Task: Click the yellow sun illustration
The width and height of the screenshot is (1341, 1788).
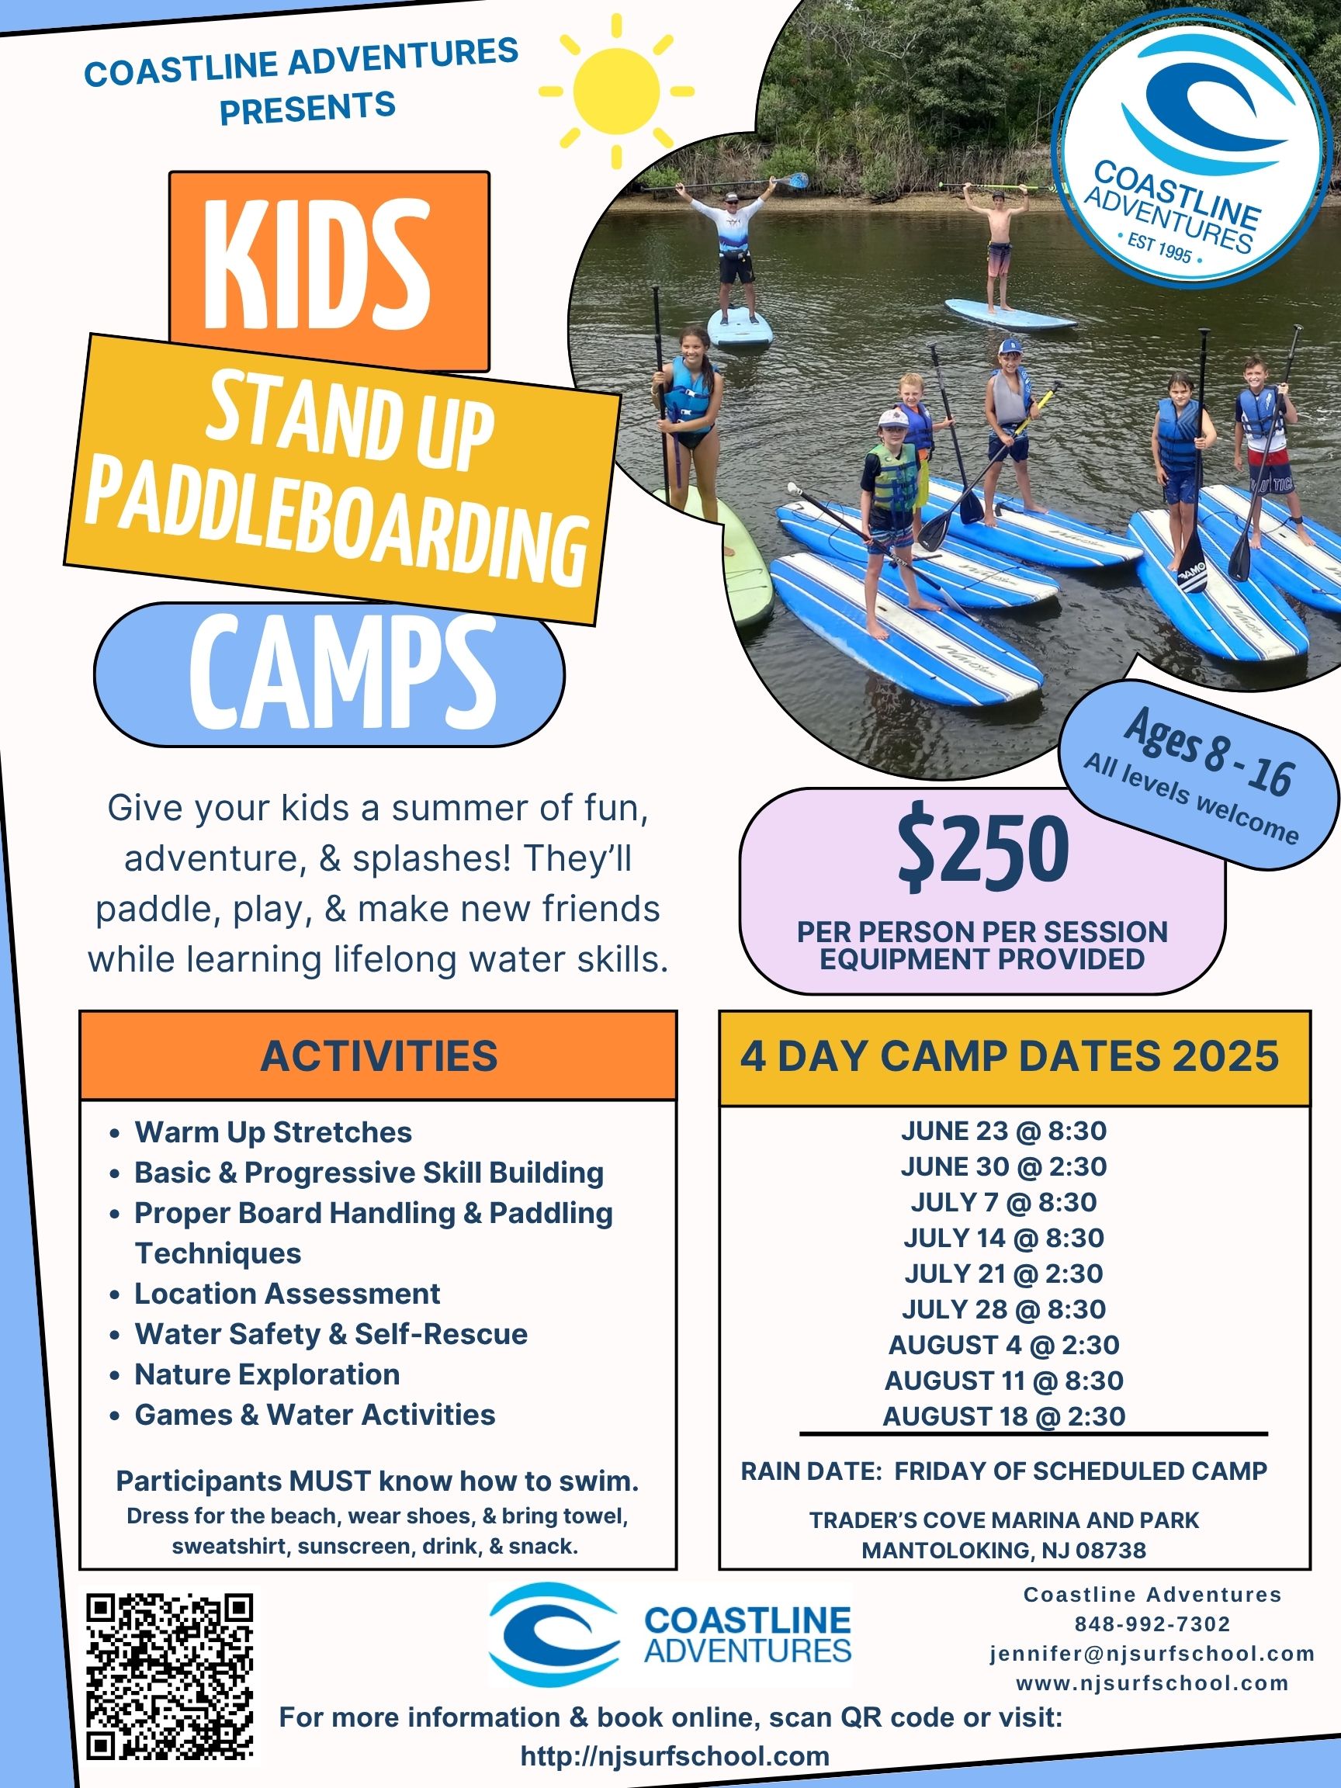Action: (616, 92)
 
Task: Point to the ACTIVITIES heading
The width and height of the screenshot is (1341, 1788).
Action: (378, 1055)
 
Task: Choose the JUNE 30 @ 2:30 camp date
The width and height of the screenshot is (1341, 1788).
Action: (1004, 1166)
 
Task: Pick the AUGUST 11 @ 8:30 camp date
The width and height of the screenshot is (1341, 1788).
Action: (1004, 1380)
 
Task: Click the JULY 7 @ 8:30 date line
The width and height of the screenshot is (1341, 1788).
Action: (1004, 1202)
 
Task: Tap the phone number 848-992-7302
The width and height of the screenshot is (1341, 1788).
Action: (1152, 1624)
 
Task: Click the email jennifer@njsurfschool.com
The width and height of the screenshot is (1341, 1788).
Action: (1152, 1654)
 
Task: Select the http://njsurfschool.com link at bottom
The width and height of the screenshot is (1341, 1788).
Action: (675, 1755)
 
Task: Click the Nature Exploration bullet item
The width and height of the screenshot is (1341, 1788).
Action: (267, 1374)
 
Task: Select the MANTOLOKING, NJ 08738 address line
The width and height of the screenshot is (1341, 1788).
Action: (1004, 1550)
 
